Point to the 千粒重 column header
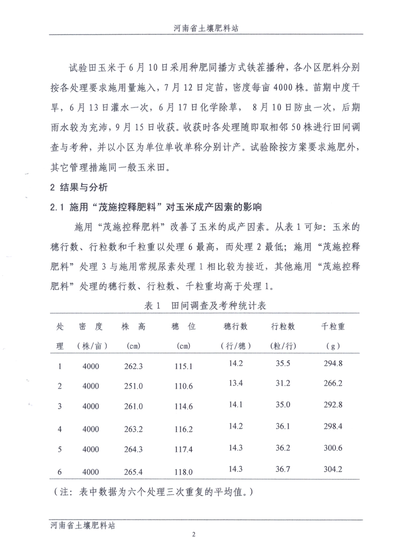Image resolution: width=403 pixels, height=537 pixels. tap(333, 326)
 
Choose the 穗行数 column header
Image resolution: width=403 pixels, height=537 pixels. tap(235, 326)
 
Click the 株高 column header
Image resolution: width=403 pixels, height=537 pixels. tap(133, 326)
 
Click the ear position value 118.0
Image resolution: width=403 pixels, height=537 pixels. tap(184, 472)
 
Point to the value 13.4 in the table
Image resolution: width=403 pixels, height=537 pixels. tap(235, 383)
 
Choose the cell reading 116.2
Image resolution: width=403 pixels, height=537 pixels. tap(184, 429)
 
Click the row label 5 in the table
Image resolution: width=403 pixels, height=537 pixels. tap(60, 450)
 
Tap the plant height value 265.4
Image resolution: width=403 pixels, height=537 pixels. tap(133, 472)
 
